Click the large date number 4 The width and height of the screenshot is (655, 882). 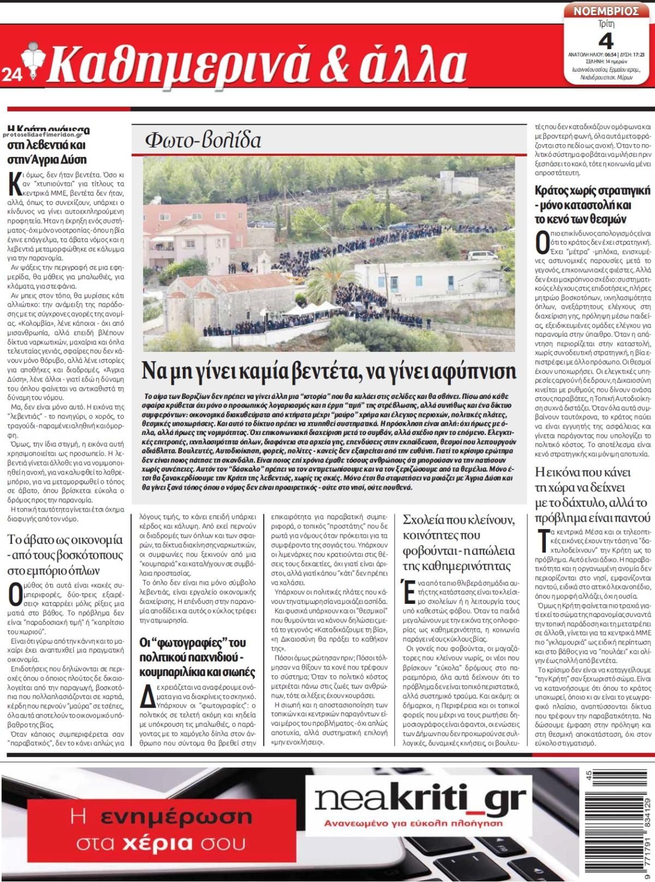pyautogui.click(x=606, y=41)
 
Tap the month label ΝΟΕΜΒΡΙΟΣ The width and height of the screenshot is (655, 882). pyautogui.click(x=606, y=11)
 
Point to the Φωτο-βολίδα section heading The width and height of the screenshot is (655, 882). pyautogui.click(x=203, y=140)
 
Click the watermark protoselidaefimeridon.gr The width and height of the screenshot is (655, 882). pyautogui.click(x=46, y=134)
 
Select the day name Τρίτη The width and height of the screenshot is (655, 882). pyautogui.click(x=606, y=24)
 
